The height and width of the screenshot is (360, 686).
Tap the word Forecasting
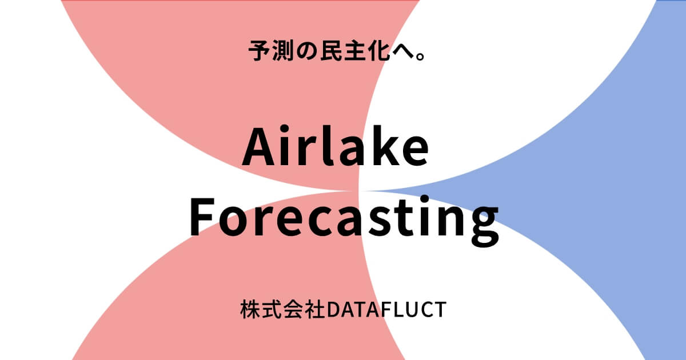pyautogui.click(x=344, y=220)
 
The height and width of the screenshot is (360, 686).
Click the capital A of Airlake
pyautogui.click(x=261, y=147)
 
